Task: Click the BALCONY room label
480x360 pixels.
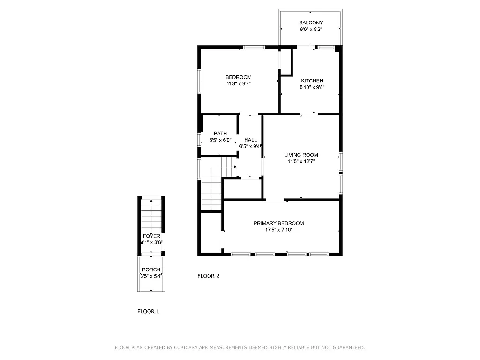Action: pyautogui.click(x=311, y=22)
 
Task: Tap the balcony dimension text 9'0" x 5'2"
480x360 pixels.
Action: pyautogui.click(x=311, y=30)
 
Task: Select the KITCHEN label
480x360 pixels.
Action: pyautogui.click(x=312, y=81)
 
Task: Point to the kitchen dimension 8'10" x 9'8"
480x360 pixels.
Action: pyautogui.click(x=312, y=87)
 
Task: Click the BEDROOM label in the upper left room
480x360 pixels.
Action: pyautogui.click(x=238, y=77)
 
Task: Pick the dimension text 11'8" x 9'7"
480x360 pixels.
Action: pyautogui.click(x=238, y=84)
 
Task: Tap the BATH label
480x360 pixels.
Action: pyautogui.click(x=220, y=134)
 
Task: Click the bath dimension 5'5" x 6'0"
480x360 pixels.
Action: pyautogui.click(x=220, y=140)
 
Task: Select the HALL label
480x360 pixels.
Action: pyautogui.click(x=250, y=140)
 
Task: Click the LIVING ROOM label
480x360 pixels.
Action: pyautogui.click(x=301, y=155)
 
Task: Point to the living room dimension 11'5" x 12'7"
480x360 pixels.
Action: pyautogui.click(x=301, y=161)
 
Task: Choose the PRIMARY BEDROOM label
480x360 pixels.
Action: pyautogui.click(x=278, y=223)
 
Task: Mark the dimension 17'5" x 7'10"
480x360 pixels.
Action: pyautogui.click(x=278, y=230)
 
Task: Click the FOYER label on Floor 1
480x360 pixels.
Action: pyautogui.click(x=151, y=236)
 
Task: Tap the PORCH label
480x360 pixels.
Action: pyautogui.click(x=151, y=270)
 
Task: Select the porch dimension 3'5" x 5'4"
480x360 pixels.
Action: pyautogui.click(x=151, y=276)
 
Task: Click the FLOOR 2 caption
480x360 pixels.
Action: pyautogui.click(x=208, y=276)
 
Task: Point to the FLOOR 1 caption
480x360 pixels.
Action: pyautogui.click(x=148, y=311)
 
